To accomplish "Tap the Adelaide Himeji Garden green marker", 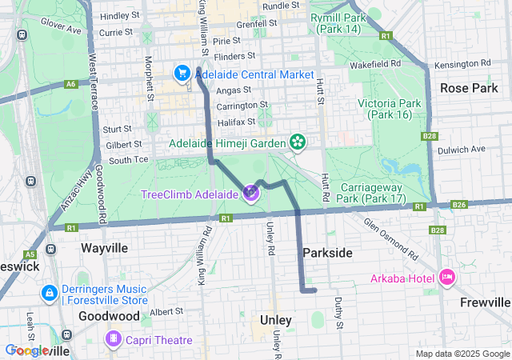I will (x=298, y=143).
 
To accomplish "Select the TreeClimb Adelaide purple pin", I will (x=251, y=193).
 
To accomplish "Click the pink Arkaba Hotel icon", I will (x=446, y=278).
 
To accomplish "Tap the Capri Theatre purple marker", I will (x=114, y=340).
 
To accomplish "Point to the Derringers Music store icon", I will (x=50, y=294).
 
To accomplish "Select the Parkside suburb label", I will (x=327, y=253).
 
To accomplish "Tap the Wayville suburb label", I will (x=104, y=248).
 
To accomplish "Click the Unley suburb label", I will (x=275, y=320).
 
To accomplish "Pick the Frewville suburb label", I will (x=486, y=302).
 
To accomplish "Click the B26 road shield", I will (x=458, y=205).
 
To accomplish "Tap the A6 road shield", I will (x=72, y=83).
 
